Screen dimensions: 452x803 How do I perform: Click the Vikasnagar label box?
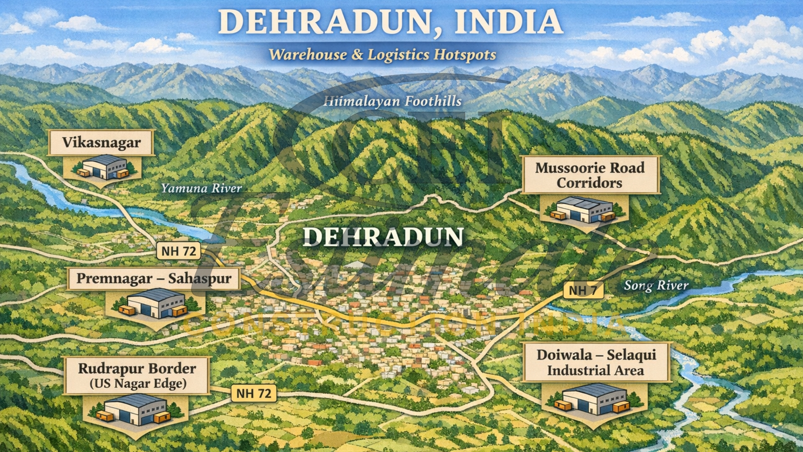[x=101, y=143]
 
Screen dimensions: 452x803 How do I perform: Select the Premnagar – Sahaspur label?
[x=153, y=279]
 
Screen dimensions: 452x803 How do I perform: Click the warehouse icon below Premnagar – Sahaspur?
[x=156, y=303]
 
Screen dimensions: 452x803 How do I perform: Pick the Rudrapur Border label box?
[x=137, y=375]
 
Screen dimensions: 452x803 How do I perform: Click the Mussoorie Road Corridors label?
[x=590, y=175]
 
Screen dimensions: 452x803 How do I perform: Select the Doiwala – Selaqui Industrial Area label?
[x=596, y=362]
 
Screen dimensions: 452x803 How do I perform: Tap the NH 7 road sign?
[x=583, y=290]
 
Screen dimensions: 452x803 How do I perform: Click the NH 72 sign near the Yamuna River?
[x=179, y=251]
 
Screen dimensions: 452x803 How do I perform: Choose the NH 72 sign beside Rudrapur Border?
[x=253, y=393]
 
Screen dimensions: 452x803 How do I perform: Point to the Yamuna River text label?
[x=201, y=188]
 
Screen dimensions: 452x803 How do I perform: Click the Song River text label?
[x=656, y=285]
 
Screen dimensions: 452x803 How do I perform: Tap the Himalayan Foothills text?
[x=392, y=101]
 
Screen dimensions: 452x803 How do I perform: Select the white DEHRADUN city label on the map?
[x=383, y=237]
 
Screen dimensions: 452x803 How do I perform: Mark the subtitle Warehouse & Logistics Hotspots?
[x=382, y=55]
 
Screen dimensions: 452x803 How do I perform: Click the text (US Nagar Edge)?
[x=138, y=384]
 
